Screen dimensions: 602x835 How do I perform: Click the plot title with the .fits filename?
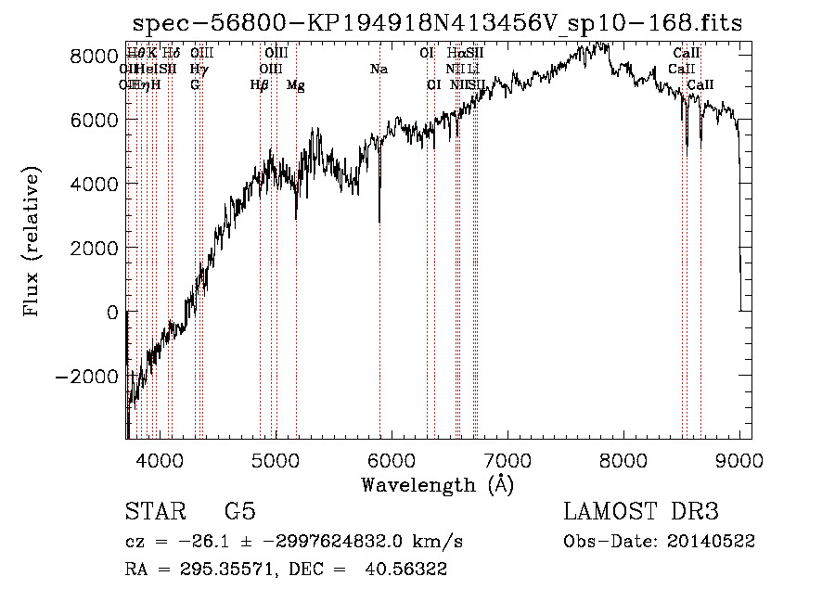point(438,23)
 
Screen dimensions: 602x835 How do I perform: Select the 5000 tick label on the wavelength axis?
point(276,458)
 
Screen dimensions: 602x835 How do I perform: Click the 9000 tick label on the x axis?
point(739,458)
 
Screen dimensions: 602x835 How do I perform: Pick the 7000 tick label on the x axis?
point(507,458)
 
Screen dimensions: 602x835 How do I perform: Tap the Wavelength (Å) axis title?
point(437,484)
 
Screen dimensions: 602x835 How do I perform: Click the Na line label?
point(379,70)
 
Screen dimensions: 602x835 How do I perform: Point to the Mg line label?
point(296,85)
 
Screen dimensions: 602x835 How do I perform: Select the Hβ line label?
point(260,85)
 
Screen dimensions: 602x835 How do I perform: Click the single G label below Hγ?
point(195,85)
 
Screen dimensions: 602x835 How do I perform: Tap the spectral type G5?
point(239,511)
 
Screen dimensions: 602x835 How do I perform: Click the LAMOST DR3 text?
point(641,511)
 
